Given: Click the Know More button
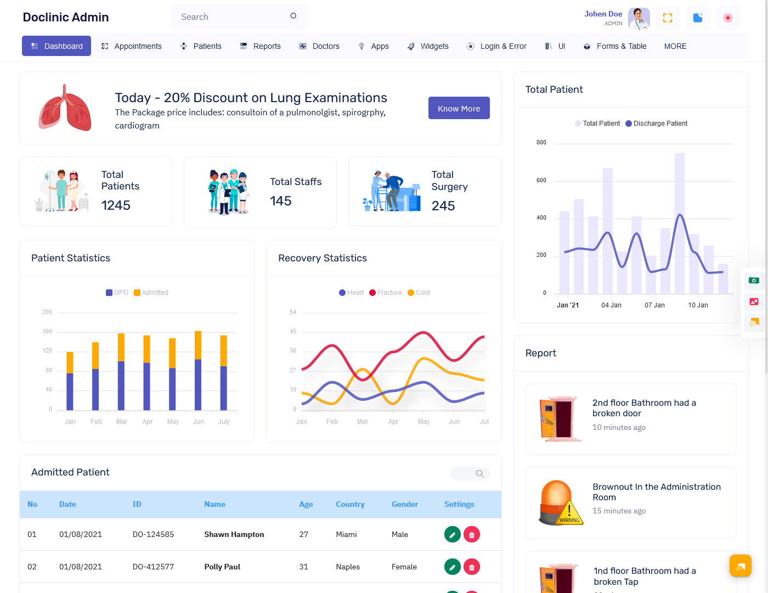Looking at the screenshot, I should point(459,108).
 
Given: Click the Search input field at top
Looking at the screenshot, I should point(233,17).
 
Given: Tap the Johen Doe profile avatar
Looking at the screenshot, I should point(639,18).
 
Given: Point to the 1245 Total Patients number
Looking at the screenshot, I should point(116,205).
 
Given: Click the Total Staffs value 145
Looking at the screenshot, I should point(280,201).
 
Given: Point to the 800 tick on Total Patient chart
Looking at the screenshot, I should point(541,143).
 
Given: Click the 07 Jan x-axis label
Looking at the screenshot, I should point(654,305).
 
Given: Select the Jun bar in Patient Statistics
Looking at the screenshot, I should point(198,371).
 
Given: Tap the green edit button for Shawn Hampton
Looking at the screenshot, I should point(452,534).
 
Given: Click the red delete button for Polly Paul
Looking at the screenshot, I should point(472,567).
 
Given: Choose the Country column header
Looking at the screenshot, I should point(350,504).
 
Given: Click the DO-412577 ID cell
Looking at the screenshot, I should point(153,567).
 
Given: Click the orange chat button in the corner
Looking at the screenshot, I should point(740,566).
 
